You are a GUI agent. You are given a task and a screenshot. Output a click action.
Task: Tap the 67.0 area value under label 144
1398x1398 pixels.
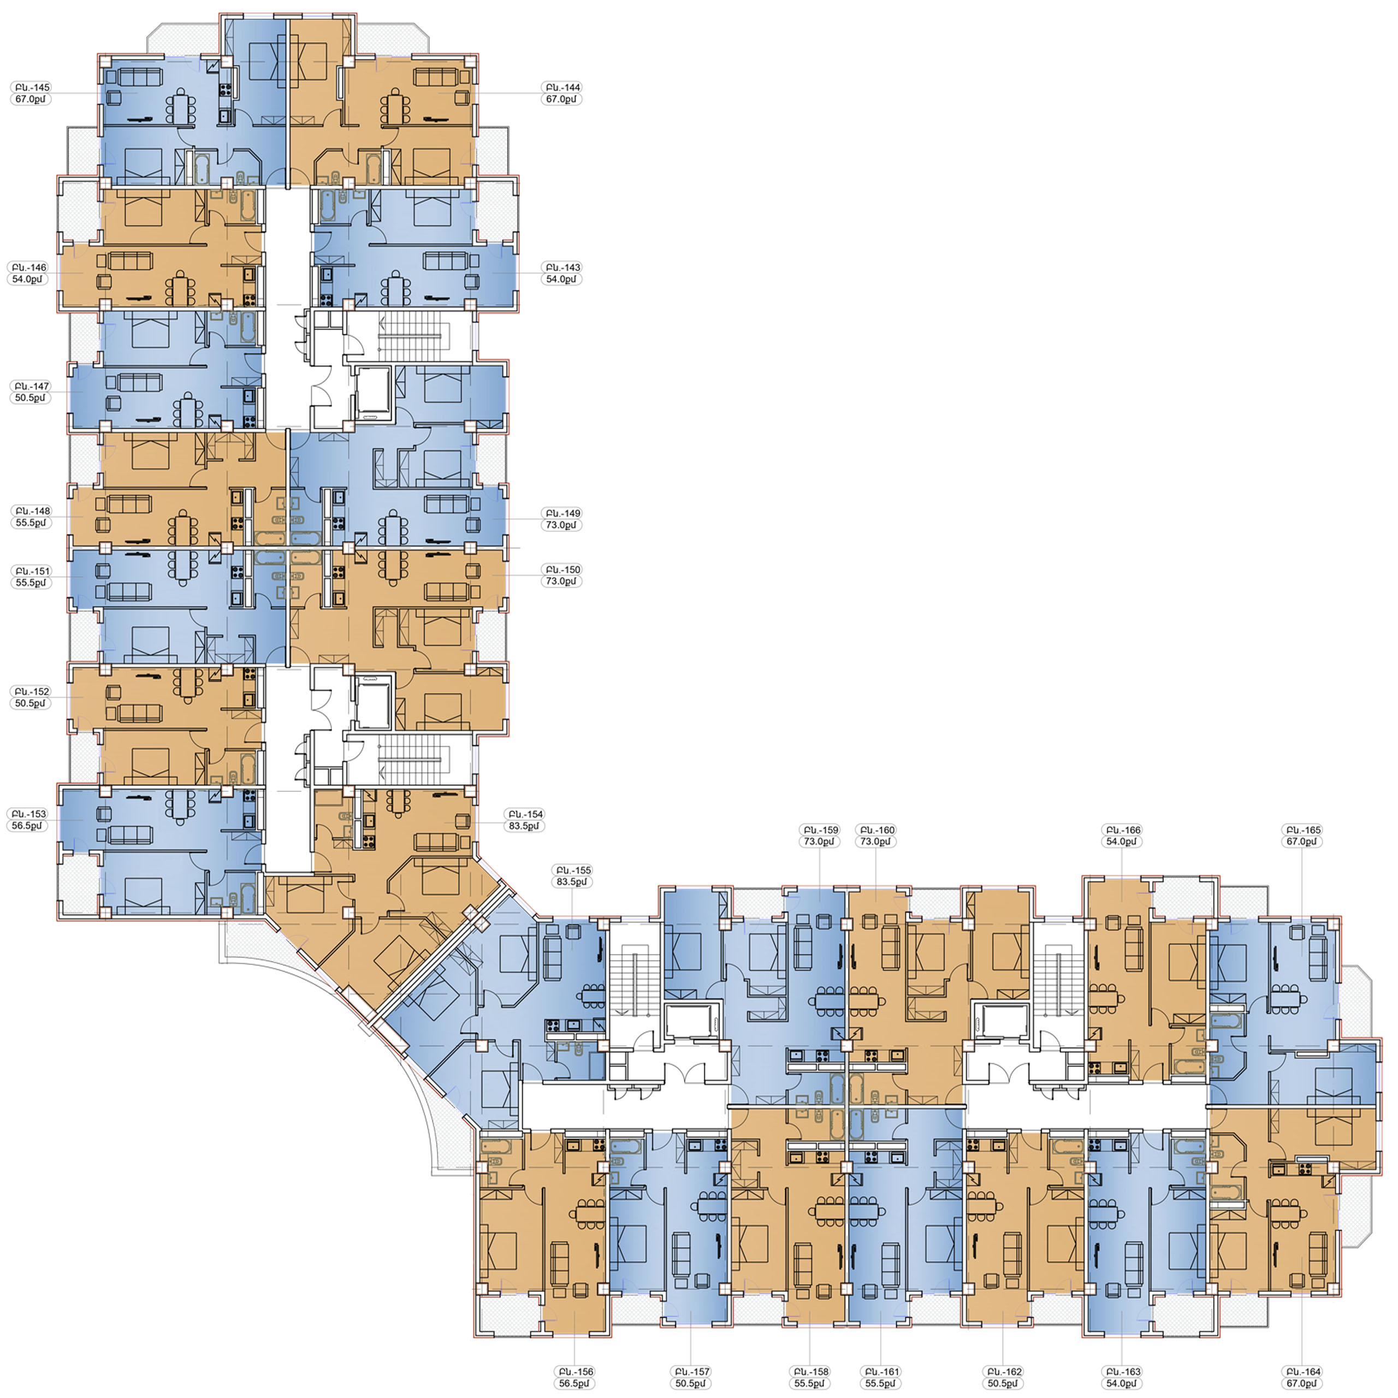click(x=561, y=99)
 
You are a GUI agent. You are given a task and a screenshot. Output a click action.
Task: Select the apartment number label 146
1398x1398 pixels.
click(x=29, y=267)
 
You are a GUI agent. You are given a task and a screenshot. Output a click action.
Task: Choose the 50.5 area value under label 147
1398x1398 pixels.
click(x=31, y=398)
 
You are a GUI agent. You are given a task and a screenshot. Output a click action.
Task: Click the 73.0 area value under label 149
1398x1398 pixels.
click(x=561, y=525)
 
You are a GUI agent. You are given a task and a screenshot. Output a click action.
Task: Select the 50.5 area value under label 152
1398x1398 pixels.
click(x=31, y=703)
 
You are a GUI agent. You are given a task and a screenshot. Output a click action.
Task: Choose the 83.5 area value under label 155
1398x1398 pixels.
click(x=572, y=882)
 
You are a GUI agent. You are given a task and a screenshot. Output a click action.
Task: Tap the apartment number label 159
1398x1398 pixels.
click(x=820, y=830)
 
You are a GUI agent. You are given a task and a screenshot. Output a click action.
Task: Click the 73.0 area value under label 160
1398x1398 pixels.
click(x=875, y=842)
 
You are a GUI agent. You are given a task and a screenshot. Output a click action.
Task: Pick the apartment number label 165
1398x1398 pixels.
click(x=1302, y=830)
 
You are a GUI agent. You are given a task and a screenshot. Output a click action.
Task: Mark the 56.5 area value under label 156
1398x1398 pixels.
click(x=574, y=1383)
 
